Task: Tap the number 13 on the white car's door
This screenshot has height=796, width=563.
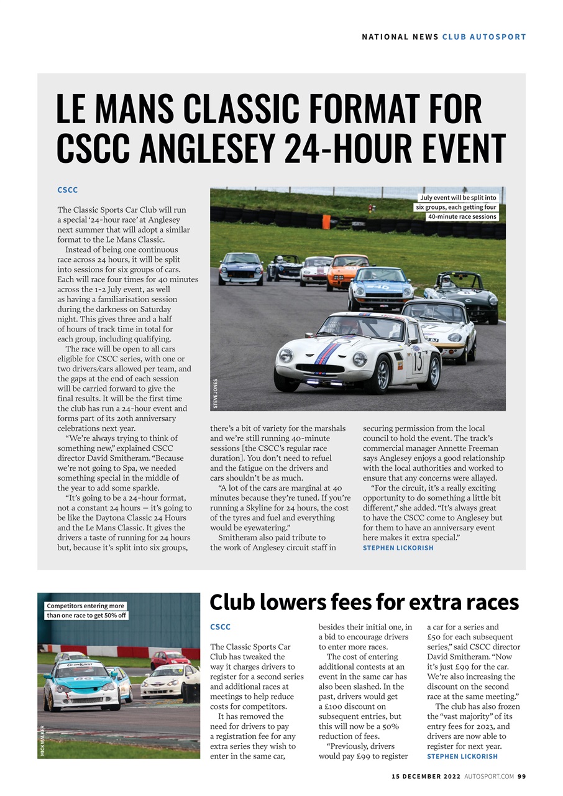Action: pyautogui.click(x=418, y=361)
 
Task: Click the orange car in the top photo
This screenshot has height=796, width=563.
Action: pyautogui.click(x=347, y=272)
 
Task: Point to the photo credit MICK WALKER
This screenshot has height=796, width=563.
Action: pyautogui.click(x=42, y=740)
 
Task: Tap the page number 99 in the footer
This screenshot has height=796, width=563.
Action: pyautogui.click(x=521, y=776)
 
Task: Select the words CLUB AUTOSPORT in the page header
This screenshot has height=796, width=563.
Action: pyautogui.click(x=484, y=37)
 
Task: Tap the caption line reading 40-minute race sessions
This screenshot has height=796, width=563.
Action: pyautogui.click(x=461, y=217)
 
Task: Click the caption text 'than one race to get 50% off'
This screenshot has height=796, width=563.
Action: pyautogui.click(x=86, y=616)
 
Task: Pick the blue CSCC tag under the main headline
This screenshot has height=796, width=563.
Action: pyautogui.click(x=67, y=190)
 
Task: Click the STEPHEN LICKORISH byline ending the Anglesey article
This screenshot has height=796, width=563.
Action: pyautogui.click(x=398, y=548)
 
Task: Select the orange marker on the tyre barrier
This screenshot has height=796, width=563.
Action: pyautogui.click(x=327, y=221)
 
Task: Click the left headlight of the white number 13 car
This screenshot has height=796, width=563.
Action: pyautogui.click(x=285, y=355)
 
